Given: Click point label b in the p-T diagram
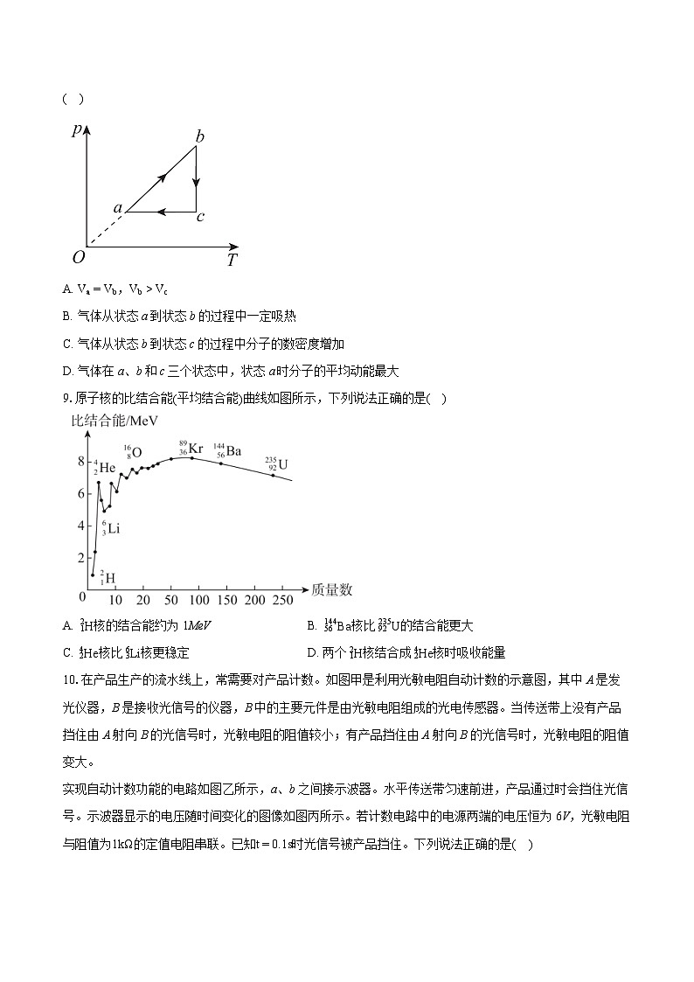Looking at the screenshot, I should coord(200,136).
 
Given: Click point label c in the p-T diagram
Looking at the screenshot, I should coord(200,217).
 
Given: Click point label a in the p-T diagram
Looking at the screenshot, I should coord(117,208).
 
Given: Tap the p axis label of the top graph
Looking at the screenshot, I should coord(77,129).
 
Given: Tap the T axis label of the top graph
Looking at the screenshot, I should coord(232,260).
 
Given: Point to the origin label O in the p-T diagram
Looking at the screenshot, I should coord(79,257).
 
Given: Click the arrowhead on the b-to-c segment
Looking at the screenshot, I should coord(197,184).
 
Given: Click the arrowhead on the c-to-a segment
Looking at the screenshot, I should coord(162,211).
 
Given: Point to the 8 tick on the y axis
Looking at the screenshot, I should coord(81,461).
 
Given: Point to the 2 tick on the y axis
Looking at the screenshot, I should coord(81,558).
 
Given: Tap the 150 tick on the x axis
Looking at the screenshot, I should coord(226,600).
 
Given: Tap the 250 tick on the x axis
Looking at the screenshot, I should coord(281,600).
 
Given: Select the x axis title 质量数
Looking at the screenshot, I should coord(331,590).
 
